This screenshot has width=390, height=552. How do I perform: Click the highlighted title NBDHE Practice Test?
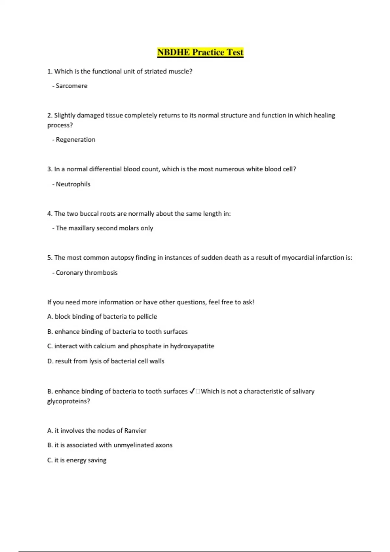point(200,52)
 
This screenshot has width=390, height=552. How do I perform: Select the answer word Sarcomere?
point(71,86)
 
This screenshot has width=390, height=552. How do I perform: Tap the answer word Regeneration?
point(75,140)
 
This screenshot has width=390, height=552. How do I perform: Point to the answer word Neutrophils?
point(73,184)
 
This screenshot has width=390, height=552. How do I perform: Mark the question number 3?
point(49,169)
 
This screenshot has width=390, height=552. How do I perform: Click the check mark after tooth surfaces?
point(192,391)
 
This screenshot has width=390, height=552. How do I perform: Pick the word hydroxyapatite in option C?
point(192,346)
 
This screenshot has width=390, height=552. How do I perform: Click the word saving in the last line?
point(97,460)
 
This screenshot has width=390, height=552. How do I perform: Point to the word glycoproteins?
point(69,401)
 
